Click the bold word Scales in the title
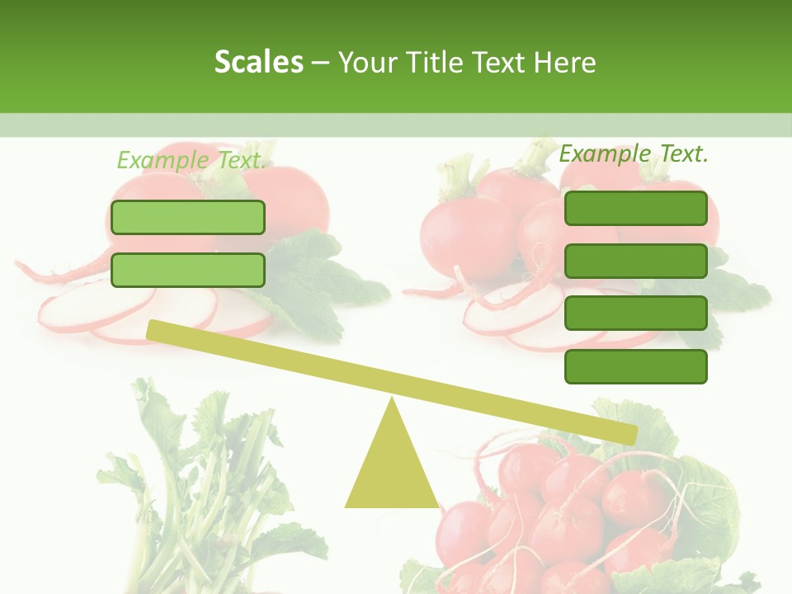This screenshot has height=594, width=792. pyautogui.click(x=258, y=62)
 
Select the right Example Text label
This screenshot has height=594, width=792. pyautogui.click(x=634, y=153)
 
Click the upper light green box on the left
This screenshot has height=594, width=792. pyautogui.click(x=188, y=217)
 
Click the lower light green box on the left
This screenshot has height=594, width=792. pyautogui.click(x=188, y=270)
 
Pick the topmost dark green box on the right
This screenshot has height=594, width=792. pyautogui.click(x=635, y=208)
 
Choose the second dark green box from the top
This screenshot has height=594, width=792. pyautogui.click(x=635, y=261)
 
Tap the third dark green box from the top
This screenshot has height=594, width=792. pyautogui.click(x=635, y=313)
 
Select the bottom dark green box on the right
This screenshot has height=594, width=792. pyautogui.click(x=635, y=366)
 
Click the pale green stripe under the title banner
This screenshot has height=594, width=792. pyautogui.click(x=396, y=125)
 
